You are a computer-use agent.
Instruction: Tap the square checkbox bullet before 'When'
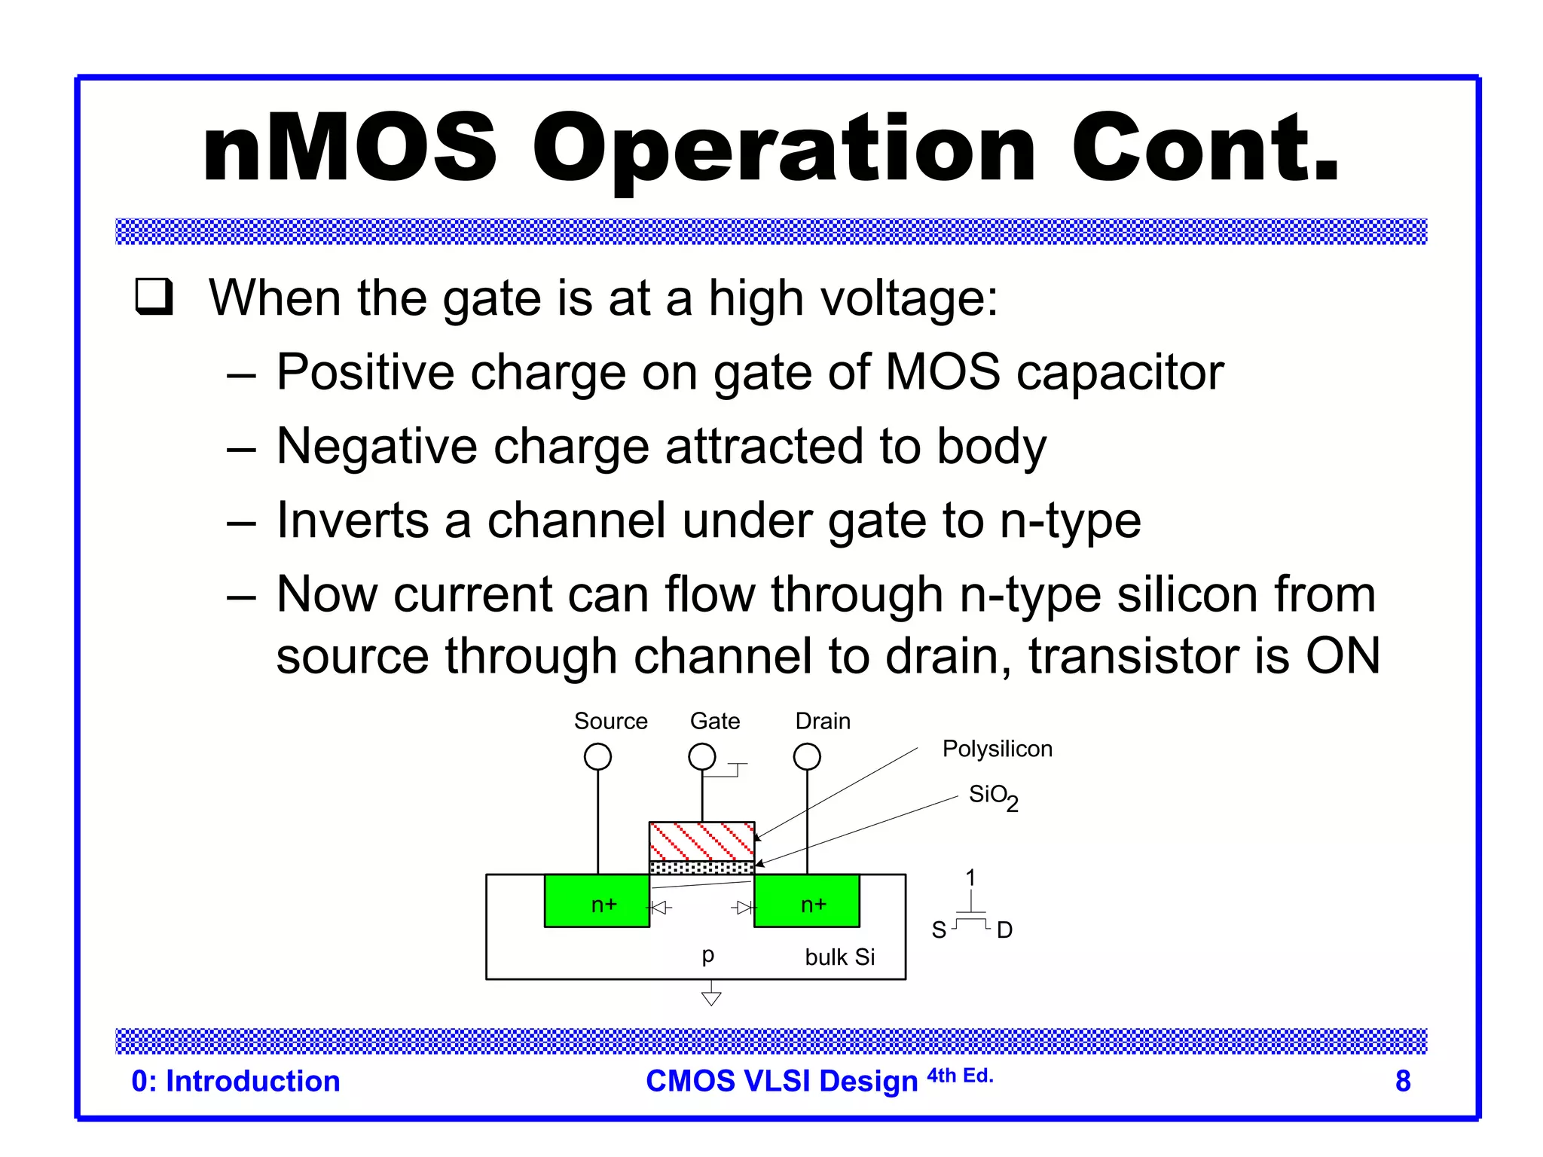tap(154, 297)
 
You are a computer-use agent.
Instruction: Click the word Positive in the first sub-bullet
tap(365, 372)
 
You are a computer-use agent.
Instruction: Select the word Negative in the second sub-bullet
tap(376, 446)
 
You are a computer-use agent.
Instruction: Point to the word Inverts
tap(352, 520)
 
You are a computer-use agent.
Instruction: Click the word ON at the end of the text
tap(1343, 655)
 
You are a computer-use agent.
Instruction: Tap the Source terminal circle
tap(597, 756)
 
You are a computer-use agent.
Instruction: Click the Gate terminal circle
tap(702, 756)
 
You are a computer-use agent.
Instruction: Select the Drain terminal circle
tap(807, 756)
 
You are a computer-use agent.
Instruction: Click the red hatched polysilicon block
tap(701, 841)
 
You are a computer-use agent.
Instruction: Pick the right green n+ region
tap(807, 902)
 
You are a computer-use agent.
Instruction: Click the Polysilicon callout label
tap(997, 749)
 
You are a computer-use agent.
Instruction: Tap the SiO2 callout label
tap(992, 796)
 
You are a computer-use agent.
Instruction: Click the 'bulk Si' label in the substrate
tap(839, 957)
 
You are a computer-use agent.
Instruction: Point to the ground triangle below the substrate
tap(711, 998)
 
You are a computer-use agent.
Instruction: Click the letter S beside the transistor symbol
tap(939, 930)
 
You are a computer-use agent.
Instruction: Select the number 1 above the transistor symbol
tap(970, 878)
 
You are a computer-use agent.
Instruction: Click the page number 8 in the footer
tap(1402, 1081)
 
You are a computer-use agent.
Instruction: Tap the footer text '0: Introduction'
tap(236, 1081)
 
